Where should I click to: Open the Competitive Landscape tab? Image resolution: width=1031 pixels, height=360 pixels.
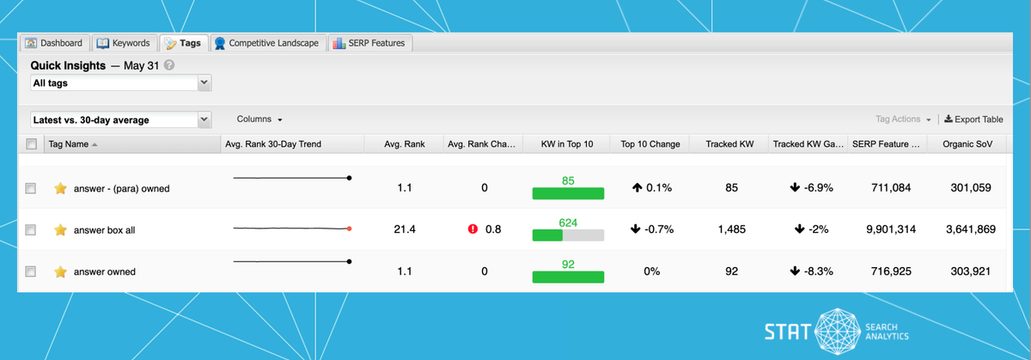(x=267, y=43)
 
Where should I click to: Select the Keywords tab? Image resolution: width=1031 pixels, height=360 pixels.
(x=124, y=43)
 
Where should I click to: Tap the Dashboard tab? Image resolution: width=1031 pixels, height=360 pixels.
(x=54, y=43)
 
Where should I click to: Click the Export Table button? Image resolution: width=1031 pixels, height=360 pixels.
(x=973, y=119)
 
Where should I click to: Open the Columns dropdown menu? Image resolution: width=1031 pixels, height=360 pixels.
(x=259, y=119)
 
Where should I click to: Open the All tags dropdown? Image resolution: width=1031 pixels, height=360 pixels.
(x=120, y=83)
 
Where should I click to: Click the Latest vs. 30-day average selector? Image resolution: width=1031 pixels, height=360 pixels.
(x=120, y=120)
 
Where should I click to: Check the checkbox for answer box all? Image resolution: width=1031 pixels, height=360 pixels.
(x=31, y=230)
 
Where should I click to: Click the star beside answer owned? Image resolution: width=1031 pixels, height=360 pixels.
(x=60, y=272)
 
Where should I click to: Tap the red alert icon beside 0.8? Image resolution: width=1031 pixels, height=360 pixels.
(x=473, y=229)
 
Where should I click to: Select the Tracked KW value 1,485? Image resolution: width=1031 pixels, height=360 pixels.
(x=731, y=229)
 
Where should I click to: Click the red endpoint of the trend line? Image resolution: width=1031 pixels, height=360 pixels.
(x=350, y=229)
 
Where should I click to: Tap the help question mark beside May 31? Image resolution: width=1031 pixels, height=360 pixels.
(x=169, y=65)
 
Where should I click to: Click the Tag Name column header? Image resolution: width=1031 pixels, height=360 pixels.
(x=69, y=143)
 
